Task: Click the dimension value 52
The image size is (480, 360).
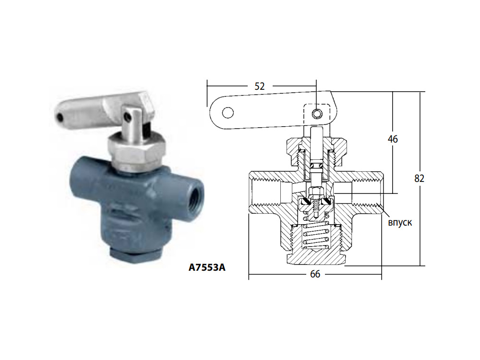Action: pos(259,86)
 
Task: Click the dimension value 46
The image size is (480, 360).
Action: pos(393,139)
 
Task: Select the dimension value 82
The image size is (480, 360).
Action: pos(420,179)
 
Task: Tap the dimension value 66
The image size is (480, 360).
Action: pos(315,274)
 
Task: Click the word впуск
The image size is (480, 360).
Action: pos(400,222)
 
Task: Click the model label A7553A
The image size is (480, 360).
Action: pos(207,267)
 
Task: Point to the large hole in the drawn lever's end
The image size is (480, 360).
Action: pos(228,113)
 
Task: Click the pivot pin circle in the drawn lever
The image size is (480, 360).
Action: pos(317,114)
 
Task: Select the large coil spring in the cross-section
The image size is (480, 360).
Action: pos(315,236)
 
